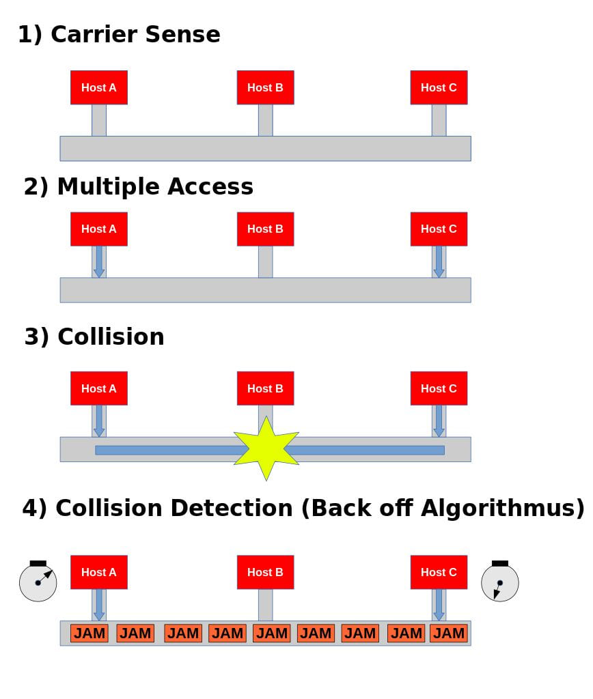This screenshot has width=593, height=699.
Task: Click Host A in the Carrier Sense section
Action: click(98, 87)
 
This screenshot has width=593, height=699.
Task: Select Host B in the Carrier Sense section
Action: click(265, 87)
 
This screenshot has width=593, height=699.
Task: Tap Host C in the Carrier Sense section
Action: click(439, 87)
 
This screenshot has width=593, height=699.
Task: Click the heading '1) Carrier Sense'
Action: click(119, 34)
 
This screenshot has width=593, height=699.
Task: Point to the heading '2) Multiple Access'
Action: click(139, 186)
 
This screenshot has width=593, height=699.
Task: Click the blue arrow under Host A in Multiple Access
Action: click(99, 261)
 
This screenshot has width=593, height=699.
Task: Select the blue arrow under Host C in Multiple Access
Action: click(439, 261)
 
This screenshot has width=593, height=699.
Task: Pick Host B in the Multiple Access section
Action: click(265, 229)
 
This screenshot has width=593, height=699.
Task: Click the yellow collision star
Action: click(266, 448)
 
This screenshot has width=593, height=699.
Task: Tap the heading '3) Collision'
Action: click(94, 337)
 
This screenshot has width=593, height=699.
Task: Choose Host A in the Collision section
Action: click(98, 388)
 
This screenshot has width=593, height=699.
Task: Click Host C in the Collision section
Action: click(439, 388)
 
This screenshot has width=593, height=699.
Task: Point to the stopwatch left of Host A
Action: click(38, 582)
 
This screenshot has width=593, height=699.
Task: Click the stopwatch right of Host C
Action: click(499, 582)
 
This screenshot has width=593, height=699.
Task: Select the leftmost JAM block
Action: click(89, 633)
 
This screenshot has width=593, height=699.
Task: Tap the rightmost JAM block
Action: click(448, 633)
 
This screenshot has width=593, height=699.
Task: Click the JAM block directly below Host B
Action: click(271, 633)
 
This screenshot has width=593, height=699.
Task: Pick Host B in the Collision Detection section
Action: click(265, 572)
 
